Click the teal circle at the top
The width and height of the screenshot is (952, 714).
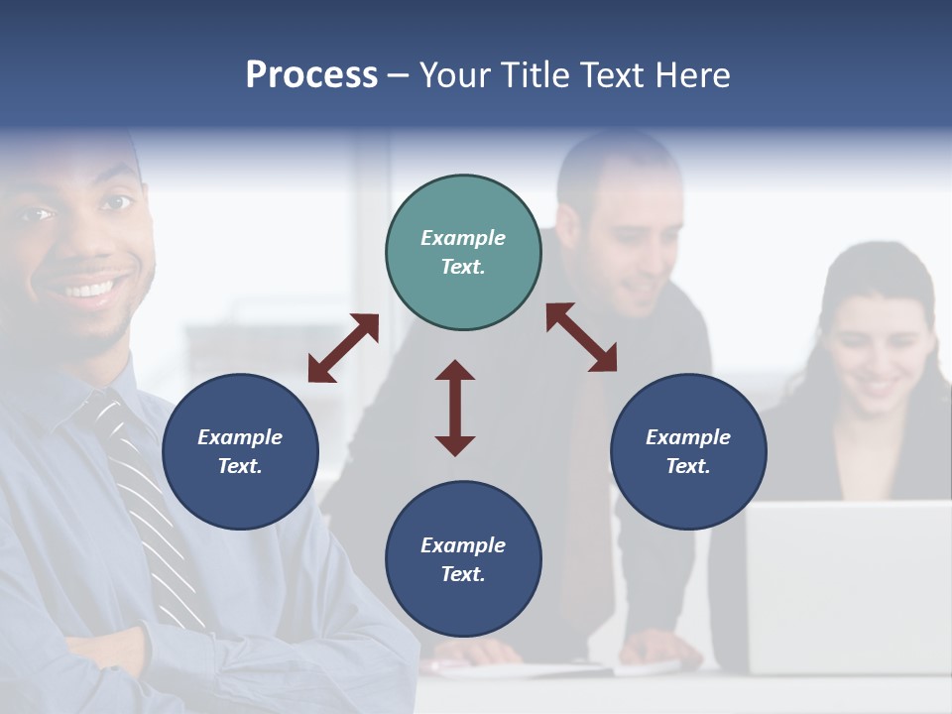463,253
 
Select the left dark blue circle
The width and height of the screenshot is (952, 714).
240,451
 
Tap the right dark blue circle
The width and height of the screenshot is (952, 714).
688,451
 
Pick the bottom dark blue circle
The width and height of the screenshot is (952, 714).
463,559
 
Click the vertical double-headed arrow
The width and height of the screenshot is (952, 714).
455,408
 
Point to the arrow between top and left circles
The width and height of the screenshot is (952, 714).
343,348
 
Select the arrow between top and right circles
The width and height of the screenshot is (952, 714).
581,337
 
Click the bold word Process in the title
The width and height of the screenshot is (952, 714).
311,74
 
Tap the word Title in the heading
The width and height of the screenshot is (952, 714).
534,74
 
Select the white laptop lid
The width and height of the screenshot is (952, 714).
848,585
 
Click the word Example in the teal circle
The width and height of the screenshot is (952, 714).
463,238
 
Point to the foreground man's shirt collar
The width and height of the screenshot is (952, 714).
79,392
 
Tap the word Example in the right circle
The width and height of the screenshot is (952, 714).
688,437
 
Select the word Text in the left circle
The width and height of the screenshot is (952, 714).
239,466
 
